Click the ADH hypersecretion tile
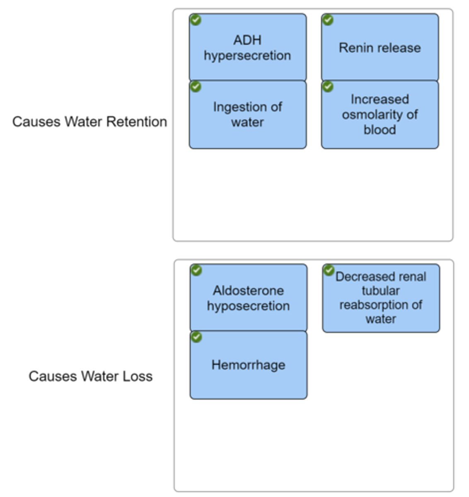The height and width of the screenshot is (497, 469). [248, 48]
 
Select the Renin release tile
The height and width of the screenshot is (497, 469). [380, 48]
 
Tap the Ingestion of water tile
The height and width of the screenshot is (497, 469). [248, 115]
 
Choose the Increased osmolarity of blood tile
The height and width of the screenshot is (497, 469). [380, 115]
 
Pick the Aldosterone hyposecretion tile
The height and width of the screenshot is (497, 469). [249, 298]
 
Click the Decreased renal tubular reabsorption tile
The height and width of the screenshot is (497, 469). [381, 298]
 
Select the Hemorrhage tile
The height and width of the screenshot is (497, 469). [249, 365]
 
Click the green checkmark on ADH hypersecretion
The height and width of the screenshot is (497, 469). [195, 19]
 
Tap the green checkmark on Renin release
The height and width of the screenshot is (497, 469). [328, 19]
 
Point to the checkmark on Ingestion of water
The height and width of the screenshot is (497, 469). [195, 87]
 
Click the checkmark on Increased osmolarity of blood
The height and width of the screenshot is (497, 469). [328, 87]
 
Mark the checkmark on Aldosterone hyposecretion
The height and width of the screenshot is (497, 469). [196, 270]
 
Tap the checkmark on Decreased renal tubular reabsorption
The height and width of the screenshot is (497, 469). [329, 270]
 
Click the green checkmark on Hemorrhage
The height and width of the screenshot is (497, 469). [196, 337]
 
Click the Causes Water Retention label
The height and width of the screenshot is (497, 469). [89, 122]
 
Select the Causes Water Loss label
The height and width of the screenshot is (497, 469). [90, 376]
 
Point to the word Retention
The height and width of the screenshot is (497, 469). [137, 122]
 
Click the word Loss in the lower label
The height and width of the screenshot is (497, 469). [138, 376]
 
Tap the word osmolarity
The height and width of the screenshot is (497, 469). [374, 115]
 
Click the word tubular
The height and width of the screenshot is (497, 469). [380, 291]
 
